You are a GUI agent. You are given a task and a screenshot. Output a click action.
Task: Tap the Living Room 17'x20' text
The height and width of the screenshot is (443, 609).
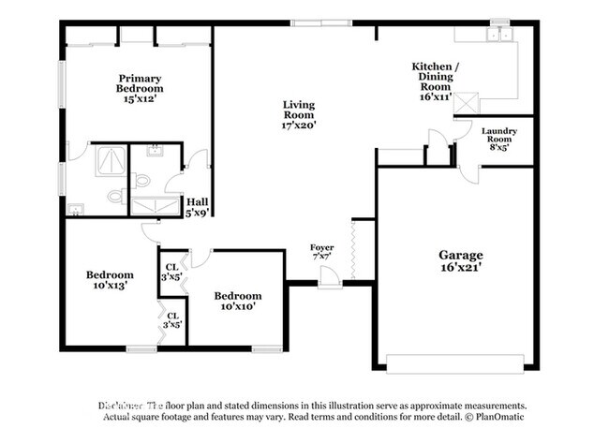coord(299,114)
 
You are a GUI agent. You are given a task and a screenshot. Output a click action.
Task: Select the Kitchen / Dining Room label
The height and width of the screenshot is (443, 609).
coord(436,81)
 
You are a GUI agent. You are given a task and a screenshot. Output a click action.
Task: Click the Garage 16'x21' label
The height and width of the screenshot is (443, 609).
coord(461,260)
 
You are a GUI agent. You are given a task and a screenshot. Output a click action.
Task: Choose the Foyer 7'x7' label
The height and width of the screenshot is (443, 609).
coord(322,252)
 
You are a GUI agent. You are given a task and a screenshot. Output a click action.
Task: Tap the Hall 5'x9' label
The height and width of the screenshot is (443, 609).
coord(197,207)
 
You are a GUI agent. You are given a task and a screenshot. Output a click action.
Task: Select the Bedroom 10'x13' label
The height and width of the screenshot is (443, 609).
coord(110,280)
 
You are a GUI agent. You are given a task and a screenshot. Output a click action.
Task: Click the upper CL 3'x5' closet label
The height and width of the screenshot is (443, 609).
coord(172,272)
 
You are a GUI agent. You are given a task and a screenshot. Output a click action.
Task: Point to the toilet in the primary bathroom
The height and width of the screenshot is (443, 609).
coord(114,196)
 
